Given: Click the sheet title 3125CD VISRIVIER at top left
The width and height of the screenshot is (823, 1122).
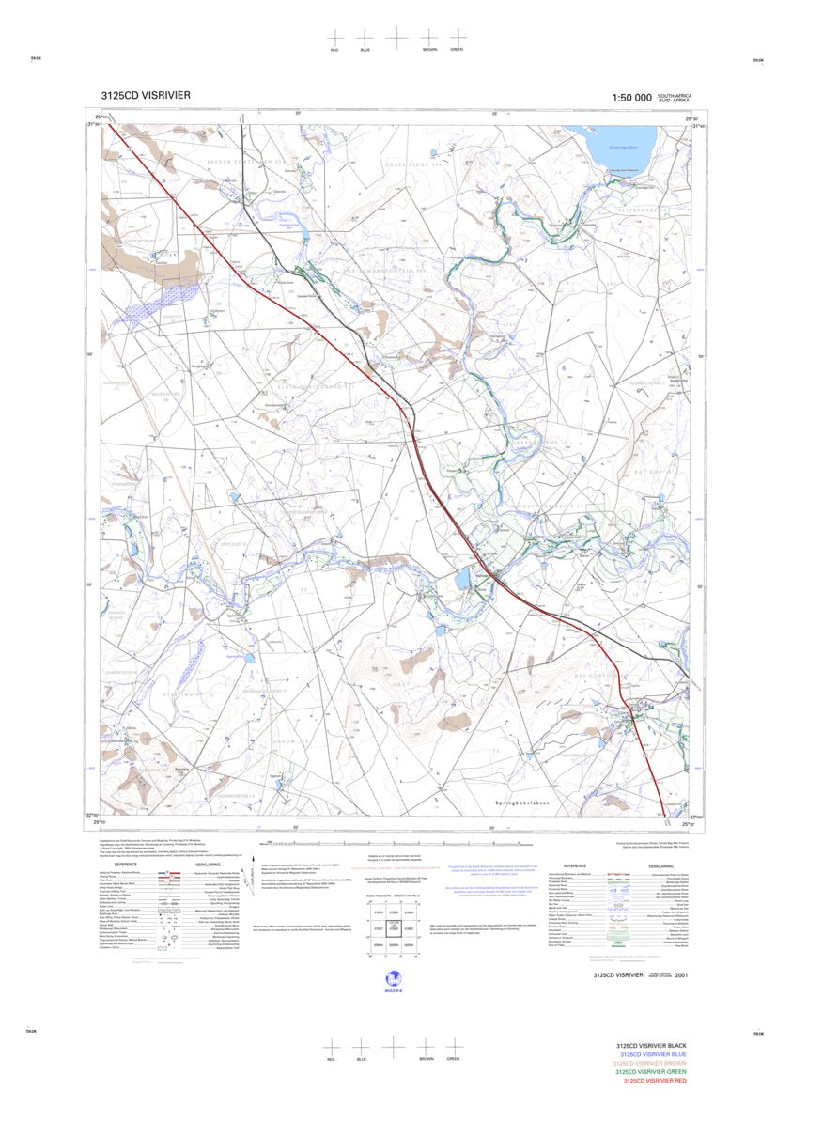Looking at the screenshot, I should coord(146,95).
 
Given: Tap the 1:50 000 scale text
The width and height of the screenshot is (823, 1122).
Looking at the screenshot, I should coord(631,98).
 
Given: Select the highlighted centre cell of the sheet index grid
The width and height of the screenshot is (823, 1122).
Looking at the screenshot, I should coord(396,928).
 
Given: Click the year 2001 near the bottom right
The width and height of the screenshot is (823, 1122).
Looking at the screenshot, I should coord(694,975).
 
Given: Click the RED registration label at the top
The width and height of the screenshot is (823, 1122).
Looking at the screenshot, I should coord(334,49).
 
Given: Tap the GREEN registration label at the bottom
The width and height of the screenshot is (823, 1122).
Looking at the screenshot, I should coord(453,1059).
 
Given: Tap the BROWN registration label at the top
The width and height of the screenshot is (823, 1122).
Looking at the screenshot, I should coord(429,49).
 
